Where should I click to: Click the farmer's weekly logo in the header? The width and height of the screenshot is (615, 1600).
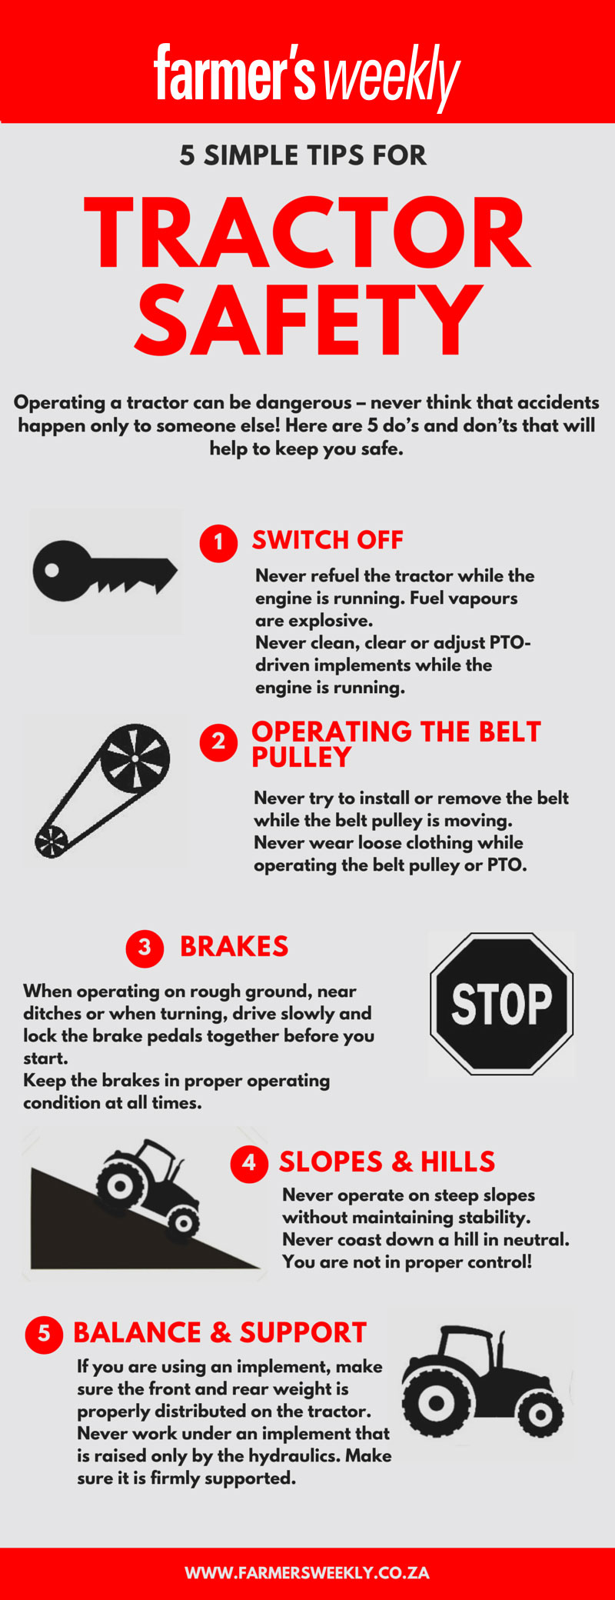pyautogui.click(x=307, y=75)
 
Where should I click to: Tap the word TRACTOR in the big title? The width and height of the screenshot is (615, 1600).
pyautogui.click(x=307, y=232)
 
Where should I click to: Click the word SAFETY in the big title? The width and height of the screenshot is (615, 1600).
pyautogui.click(x=309, y=319)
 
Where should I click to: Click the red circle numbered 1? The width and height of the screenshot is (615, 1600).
pyautogui.click(x=218, y=542)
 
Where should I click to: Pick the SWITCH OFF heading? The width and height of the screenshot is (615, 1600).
pyautogui.click(x=327, y=540)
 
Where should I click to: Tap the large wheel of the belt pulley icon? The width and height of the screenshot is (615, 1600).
pyautogui.click(x=135, y=758)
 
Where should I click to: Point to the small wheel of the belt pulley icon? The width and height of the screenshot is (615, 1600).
pyautogui.click(x=52, y=841)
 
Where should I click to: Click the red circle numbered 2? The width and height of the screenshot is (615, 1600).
pyautogui.click(x=218, y=742)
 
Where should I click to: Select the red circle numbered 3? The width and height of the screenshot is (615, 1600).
pyautogui.click(x=145, y=948)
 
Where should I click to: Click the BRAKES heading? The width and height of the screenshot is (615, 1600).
pyautogui.click(x=234, y=946)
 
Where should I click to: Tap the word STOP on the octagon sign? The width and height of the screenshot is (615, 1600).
pyautogui.click(x=501, y=1004)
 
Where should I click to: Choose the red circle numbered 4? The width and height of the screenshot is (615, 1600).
pyautogui.click(x=249, y=1162)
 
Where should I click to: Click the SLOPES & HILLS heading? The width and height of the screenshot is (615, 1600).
pyautogui.click(x=387, y=1162)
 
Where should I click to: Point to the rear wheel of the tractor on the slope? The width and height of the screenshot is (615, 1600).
pyautogui.click(x=121, y=1185)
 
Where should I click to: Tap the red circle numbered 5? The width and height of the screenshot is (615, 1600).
pyautogui.click(x=44, y=1333)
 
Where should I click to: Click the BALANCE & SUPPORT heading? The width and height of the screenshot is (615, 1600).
pyautogui.click(x=220, y=1332)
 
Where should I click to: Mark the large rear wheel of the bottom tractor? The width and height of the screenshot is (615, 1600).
pyautogui.click(x=438, y=1402)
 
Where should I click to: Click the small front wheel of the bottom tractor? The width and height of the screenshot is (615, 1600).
pyautogui.click(x=540, y=1414)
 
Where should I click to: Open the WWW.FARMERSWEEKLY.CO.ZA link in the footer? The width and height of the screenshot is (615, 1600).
pyautogui.click(x=307, y=1573)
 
